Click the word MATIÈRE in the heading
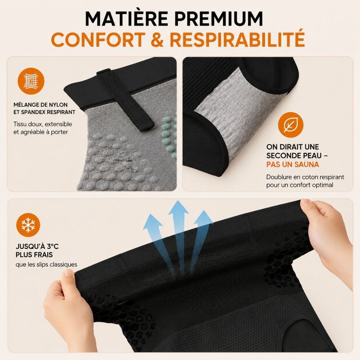126,18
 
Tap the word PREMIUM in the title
219,18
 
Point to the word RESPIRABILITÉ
237,38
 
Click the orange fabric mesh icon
31,81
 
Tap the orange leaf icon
290,125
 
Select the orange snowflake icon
28,225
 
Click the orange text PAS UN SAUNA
293,164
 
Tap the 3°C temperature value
53,247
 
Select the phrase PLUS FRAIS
34,255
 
